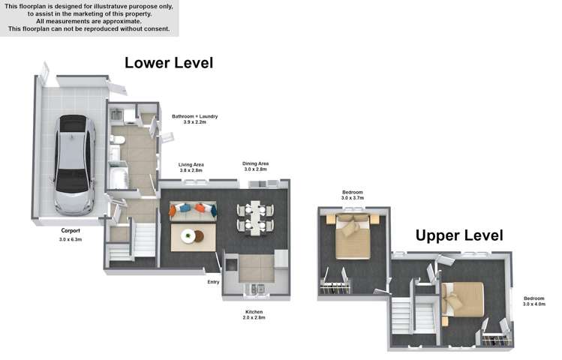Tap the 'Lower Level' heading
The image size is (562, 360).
[x=168, y=63]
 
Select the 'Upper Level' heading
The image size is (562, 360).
[x=459, y=235]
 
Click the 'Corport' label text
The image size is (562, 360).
[x=71, y=231]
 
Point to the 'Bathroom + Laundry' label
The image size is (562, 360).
[x=194, y=116]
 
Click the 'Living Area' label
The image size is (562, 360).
[x=191, y=164]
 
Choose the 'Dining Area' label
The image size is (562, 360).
[x=255, y=163]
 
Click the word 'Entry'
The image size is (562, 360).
[x=213, y=282]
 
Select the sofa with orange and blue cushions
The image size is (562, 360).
[x=192, y=211]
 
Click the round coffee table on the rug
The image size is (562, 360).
[x=190, y=236]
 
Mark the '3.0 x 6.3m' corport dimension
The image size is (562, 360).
[x=71, y=240]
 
